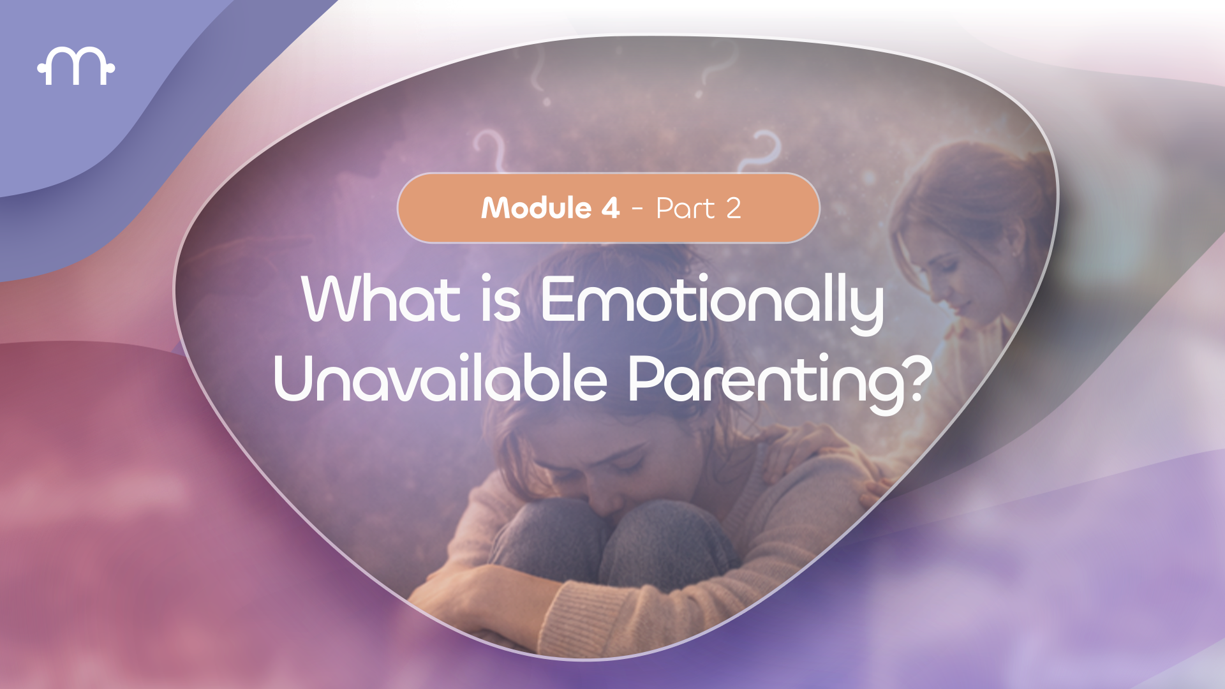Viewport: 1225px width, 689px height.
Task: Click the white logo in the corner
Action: (76, 66)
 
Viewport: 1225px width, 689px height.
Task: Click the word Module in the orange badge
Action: (537, 208)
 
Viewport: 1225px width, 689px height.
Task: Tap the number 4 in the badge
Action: (610, 208)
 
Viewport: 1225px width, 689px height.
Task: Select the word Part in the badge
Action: (685, 209)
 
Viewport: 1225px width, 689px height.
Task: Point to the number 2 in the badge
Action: (733, 209)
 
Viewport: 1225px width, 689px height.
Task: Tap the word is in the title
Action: (501, 300)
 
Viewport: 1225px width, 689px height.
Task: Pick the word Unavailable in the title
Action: (440, 379)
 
